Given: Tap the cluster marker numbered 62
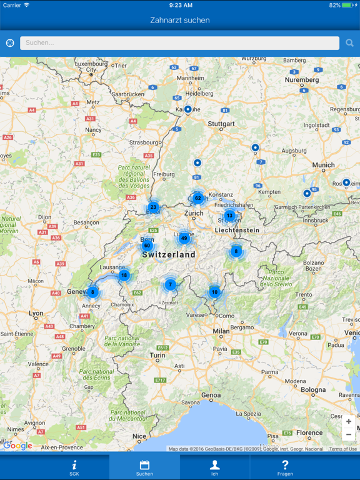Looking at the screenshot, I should (x=197, y=199).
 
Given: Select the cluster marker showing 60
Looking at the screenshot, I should (x=147, y=246).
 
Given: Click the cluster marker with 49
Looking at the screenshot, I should (x=184, y=238).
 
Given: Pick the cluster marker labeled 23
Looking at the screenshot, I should (x=153, y=207).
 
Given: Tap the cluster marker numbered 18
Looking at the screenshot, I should (x=124, y=276).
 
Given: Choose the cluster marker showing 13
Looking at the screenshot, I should (x=229, y=216).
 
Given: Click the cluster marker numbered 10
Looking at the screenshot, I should (x=214, y=292).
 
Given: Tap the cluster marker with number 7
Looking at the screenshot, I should (x=170, y=285).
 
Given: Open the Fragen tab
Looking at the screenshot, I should (x=285, y=467).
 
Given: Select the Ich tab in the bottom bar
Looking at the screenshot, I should (x=214, y=467).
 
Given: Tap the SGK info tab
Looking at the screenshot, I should (x=74, y=467).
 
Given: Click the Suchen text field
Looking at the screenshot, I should (x=179, y=43).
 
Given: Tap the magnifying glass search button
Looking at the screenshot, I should (x=349, y=43).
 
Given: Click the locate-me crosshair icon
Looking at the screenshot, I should (x=10, y=43).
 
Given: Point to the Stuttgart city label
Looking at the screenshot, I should (x=221, y=124).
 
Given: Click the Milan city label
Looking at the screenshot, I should (x=221, y=331).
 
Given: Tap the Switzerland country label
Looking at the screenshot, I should (x=169, y=255).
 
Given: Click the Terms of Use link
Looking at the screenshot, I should (x=343, y=449).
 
